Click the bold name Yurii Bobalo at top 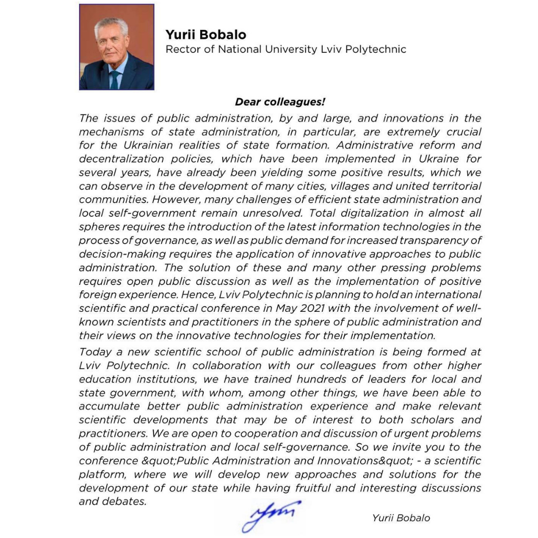(x=206, y=35)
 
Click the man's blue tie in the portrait (x=115, y=79)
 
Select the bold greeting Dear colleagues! (x=280, y=102)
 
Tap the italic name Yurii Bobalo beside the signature (x=401, y=518)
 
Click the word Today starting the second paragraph (x=95, y=352)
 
